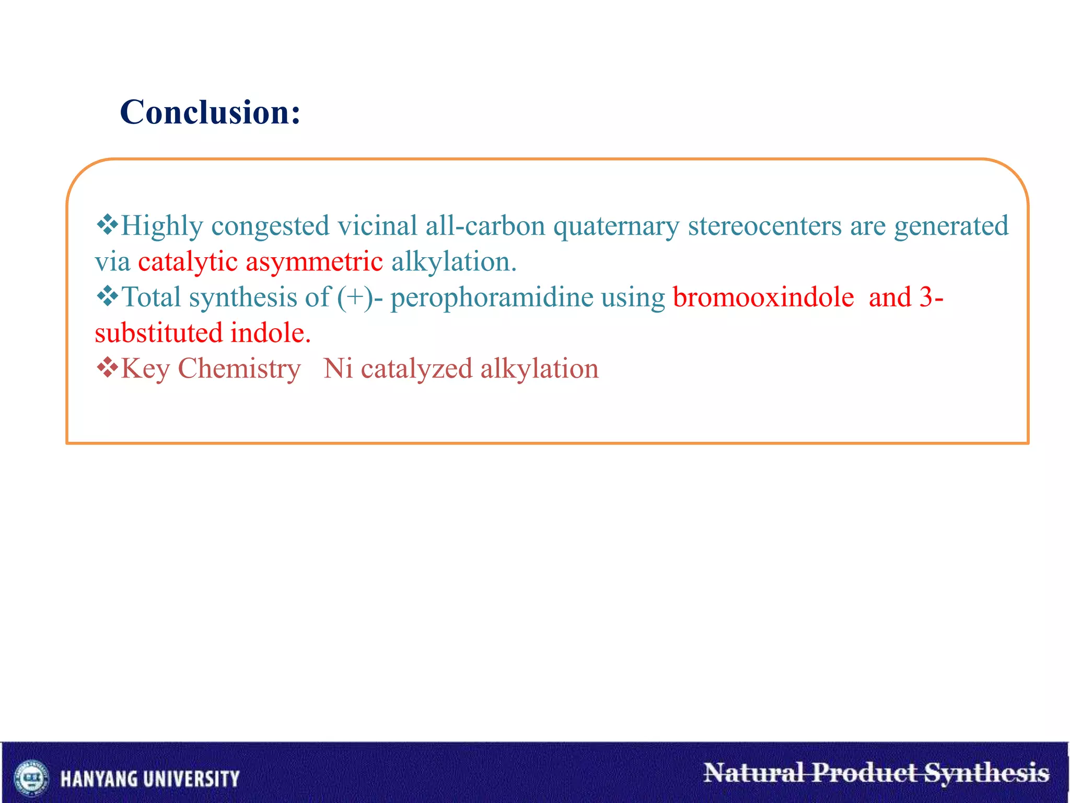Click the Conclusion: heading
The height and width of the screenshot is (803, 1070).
pos(210,112)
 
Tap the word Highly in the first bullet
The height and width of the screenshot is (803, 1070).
pos(161,226)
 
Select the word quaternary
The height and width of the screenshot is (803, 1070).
pos(616,226)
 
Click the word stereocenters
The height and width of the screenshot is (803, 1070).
pos(764,226)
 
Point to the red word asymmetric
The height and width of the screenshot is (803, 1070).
pos(314,261)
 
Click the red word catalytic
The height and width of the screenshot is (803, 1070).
pos(188,261)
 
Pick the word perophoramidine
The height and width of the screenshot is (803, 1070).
pos(492,297)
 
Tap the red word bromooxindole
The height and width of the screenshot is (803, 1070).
pos(763,297)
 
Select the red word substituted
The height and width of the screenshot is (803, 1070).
pos(159,333)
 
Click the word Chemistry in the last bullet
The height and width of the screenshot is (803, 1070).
pos(239,369)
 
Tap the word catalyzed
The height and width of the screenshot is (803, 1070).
pos(416,369)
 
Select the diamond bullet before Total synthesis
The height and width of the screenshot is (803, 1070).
pos(107,295)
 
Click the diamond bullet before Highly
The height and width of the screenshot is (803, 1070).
pos(107,224)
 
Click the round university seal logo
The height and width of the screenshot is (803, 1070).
pos(32,777)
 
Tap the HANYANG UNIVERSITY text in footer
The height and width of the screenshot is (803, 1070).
pos(150,778)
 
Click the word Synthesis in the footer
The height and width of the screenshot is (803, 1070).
pos(986,773)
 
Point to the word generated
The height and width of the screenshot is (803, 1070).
pos(951,226)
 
